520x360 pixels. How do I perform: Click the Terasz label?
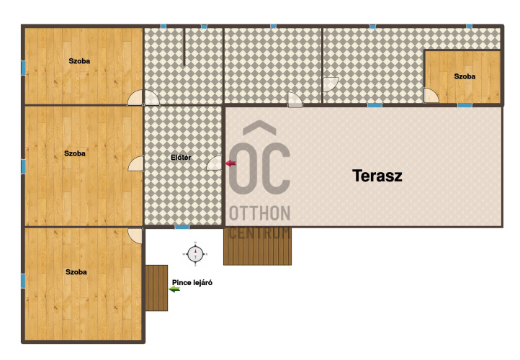click(x=377, y=176)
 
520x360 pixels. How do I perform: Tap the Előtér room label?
click(x=181, y=158)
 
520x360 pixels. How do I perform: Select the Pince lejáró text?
click(x=192, y=283)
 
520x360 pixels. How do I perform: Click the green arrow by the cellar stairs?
click(x=174, y=289)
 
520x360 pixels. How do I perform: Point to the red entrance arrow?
click(x=230, y=163)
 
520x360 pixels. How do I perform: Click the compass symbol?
click(x=195, y=254)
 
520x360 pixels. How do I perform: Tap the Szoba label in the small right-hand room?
click(x=465, y=76)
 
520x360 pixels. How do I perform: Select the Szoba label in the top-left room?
click(x=79, y=61)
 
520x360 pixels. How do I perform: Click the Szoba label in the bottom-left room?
click(x=76, y=272)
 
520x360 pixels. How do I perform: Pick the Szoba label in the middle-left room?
click(x=75, y=153)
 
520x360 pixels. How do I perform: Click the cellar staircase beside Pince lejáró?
click(x=156, y=288)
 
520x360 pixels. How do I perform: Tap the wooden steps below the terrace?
click(x=257, y=246)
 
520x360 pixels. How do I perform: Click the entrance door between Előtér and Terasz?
click(x=214, y=163)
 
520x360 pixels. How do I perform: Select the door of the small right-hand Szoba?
click(x=431, y=96)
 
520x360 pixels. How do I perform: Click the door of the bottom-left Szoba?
click(x=135, y=235)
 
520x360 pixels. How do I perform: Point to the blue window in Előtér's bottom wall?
click(x=182, y=227)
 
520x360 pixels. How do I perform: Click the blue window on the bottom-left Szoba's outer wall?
click(x=23, y=281)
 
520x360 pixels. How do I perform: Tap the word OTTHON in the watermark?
click(x=260, y=213)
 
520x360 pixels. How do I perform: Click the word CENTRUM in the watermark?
click(x=260, y=233)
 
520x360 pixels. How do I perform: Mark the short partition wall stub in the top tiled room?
click(x=184, y=47)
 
